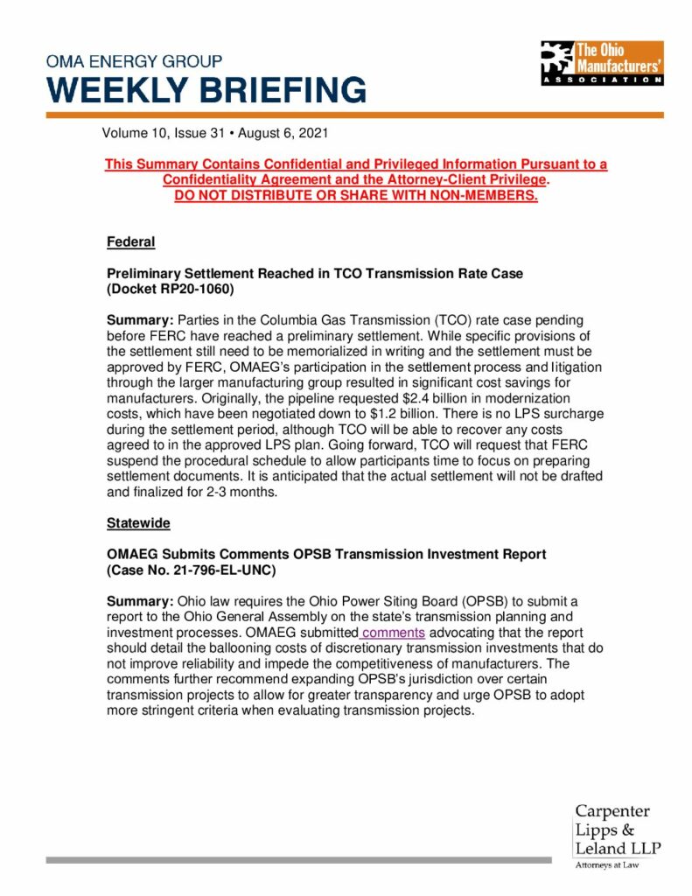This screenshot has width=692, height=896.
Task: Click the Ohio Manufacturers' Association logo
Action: [601, 62]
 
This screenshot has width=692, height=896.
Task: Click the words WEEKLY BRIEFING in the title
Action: [206, 90]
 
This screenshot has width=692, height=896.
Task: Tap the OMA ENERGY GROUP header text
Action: [134, 62]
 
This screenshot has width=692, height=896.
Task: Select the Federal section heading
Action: [130, 241]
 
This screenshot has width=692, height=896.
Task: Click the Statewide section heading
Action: [138, 523]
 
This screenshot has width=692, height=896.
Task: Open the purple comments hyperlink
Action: [393, 633]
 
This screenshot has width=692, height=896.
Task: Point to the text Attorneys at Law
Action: [606, 865]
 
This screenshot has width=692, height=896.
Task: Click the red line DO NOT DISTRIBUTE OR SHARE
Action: [355, 195]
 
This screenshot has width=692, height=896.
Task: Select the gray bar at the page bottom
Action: [298, 860]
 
